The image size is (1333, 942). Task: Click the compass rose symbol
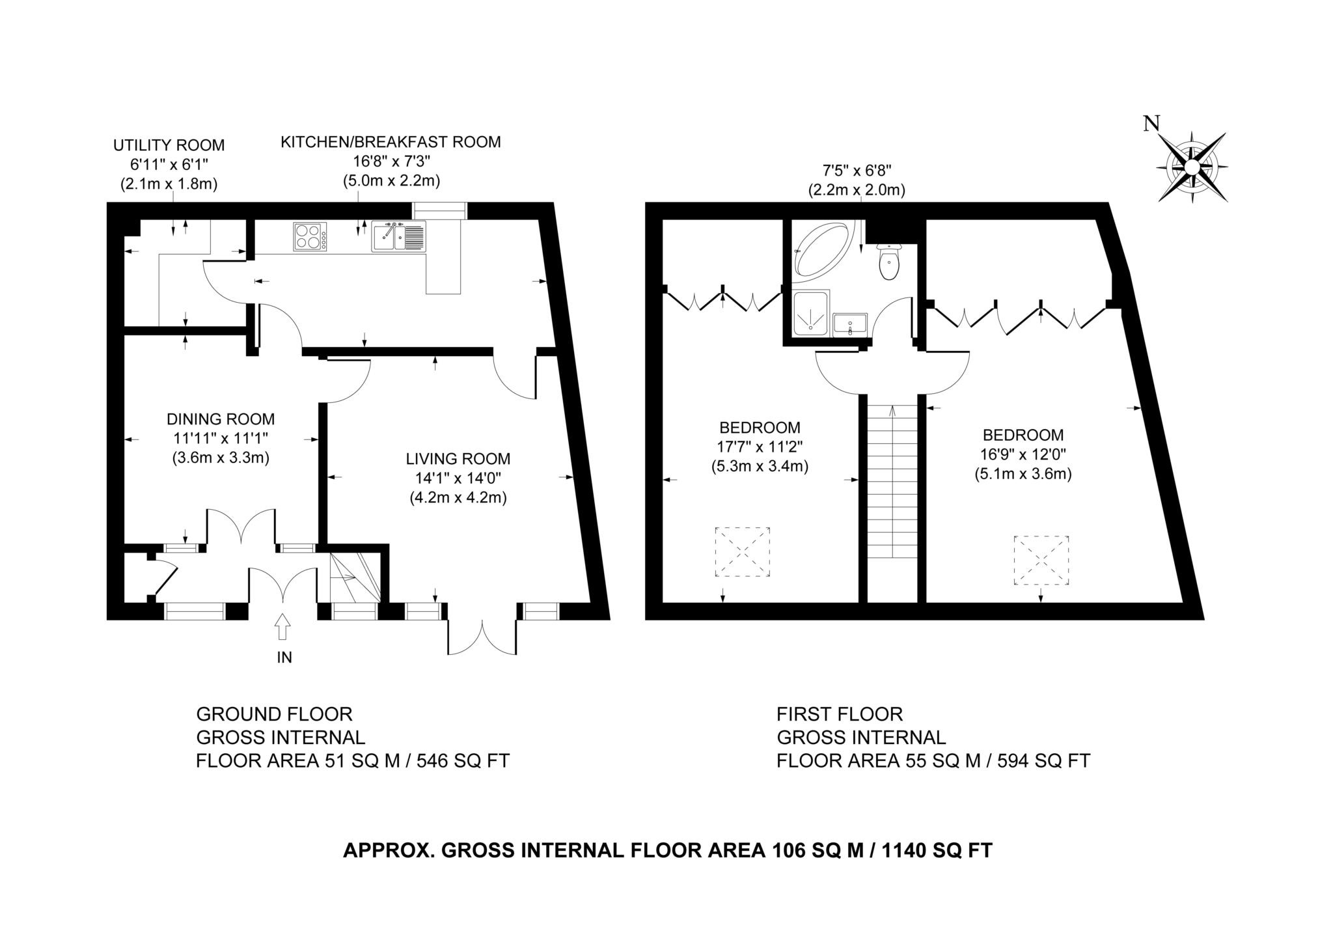1191,167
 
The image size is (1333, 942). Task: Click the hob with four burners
310,236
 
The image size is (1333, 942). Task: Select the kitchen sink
398,236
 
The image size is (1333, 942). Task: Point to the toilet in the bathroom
888,262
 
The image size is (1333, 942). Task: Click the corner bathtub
820,251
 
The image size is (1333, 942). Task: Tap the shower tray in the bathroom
811,313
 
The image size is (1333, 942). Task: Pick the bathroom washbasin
850,324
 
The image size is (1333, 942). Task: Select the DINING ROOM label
221,419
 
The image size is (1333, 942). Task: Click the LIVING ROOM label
458,459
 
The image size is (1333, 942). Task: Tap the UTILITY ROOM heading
169,145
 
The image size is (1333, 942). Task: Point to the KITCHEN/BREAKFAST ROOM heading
391,142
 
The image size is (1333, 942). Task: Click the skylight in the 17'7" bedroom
742,551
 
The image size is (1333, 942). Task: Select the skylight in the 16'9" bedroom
1041,560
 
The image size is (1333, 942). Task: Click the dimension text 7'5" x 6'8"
857,171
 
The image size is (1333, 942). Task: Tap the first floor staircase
892,482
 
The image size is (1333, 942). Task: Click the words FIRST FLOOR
840,714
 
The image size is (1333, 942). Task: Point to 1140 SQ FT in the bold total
937,850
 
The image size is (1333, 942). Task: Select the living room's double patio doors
482,636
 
